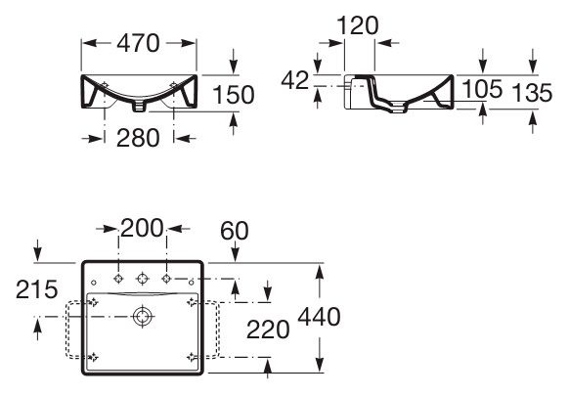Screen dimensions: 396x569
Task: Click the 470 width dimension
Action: point(138,43)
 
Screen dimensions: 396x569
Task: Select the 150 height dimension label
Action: point(235,94)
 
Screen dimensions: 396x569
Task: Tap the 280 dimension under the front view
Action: point(137,138)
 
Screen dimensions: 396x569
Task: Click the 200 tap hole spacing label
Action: point(142,229)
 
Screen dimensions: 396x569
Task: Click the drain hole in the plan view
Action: point(143,316)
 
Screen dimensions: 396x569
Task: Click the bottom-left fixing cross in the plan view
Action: point(94,355)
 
